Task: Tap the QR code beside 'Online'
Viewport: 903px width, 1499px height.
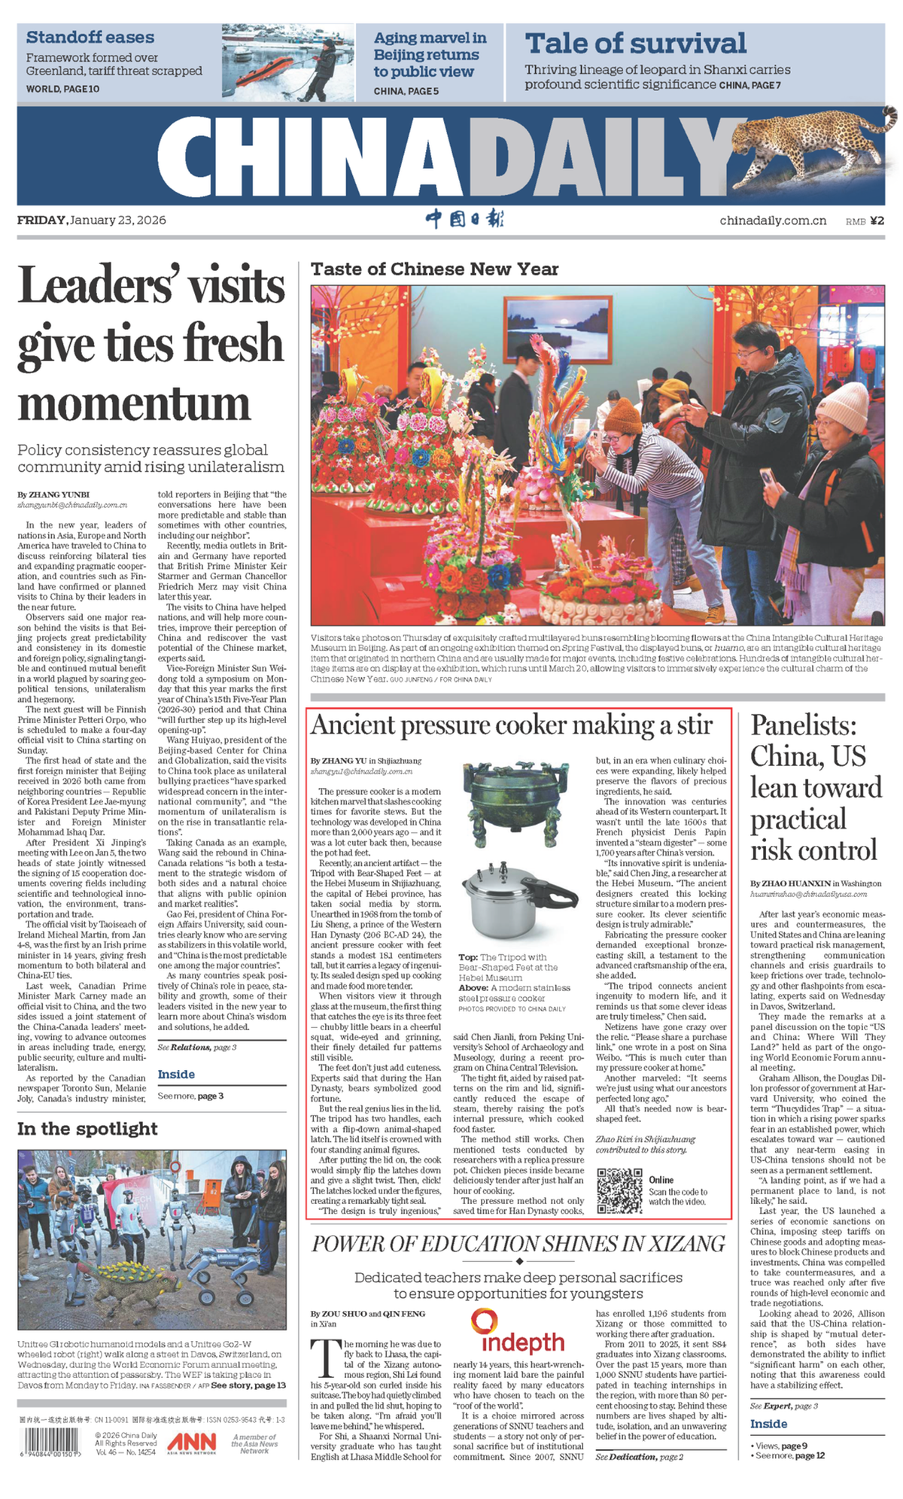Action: [619, 1190]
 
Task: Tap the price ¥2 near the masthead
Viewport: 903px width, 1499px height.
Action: [877, 220]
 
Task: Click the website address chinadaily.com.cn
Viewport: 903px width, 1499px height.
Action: [773, 220]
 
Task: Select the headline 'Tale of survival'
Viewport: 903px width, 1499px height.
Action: [636, 44]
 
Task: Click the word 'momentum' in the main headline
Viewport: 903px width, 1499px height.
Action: [134, 403]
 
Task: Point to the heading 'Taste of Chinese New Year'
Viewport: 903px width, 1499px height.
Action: [434, 269]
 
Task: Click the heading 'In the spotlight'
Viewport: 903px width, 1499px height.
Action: [87, 1129]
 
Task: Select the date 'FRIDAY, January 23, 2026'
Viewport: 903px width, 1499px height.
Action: [92, 220]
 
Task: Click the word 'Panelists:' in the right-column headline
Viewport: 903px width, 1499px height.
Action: [804, 725]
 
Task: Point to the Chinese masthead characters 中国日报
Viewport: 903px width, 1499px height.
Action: [464, 219]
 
